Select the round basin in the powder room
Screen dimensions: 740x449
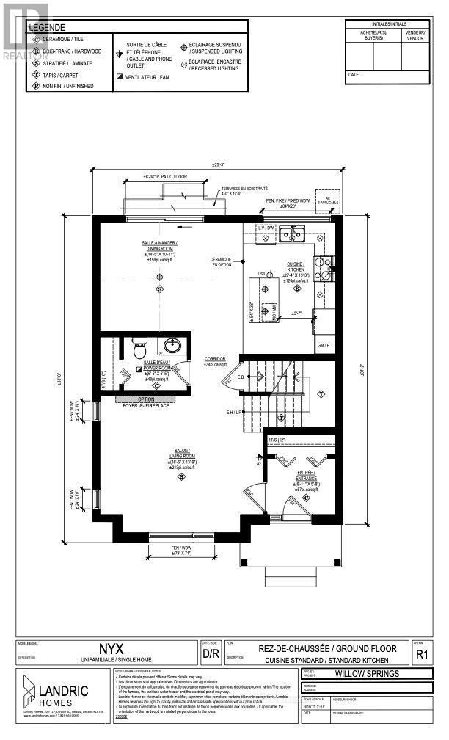(172, 345)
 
